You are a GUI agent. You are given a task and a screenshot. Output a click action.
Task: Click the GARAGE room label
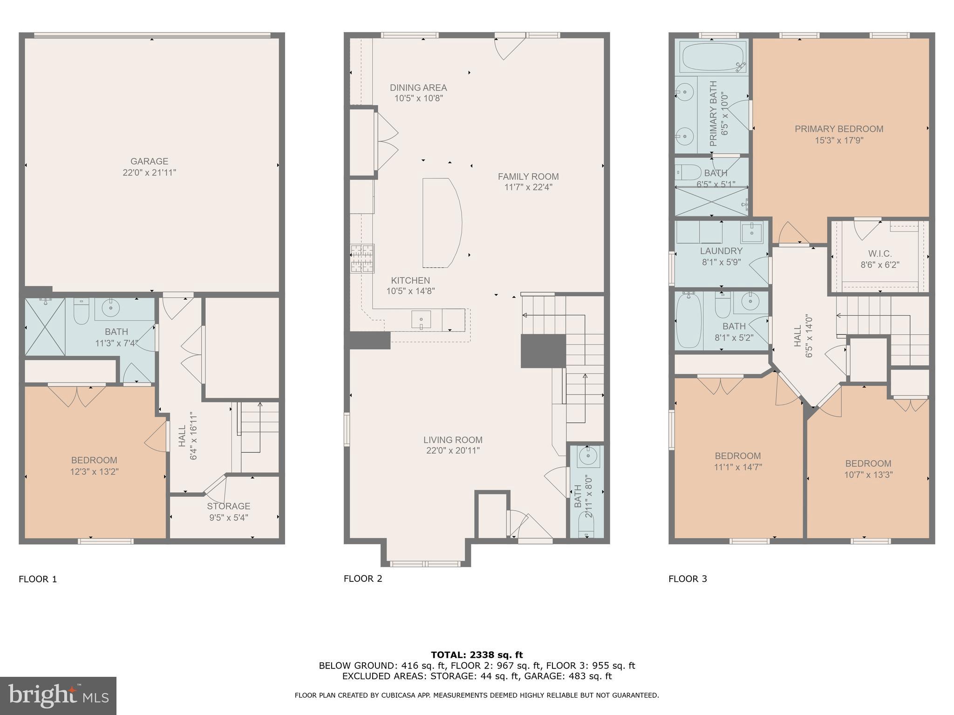[149, 162]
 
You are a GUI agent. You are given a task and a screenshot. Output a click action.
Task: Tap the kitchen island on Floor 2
[441, 223]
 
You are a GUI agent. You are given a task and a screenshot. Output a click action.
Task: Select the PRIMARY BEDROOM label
[839, 129]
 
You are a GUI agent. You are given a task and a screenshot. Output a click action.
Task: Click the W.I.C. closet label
[879, 254]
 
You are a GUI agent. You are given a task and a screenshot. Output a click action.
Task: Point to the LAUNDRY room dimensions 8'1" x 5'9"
[721, 262]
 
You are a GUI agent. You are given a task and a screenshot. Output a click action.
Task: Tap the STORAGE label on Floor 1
[228, 506]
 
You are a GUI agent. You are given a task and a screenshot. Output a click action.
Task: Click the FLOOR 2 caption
[363, 579]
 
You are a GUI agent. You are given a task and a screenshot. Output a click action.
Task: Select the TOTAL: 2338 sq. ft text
[477, 655]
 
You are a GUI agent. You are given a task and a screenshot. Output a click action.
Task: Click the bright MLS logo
[58, 696]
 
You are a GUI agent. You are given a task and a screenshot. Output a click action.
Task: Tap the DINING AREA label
[418, 88]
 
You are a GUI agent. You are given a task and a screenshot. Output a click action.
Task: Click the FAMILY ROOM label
[528, 176]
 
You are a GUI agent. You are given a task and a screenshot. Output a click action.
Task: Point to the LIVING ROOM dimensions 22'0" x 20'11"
[453, 451]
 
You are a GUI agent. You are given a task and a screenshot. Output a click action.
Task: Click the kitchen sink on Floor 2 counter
[421, 320]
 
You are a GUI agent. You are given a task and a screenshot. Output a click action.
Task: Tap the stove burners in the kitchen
[362, 258]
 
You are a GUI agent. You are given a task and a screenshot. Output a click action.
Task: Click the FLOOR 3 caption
[688, 579]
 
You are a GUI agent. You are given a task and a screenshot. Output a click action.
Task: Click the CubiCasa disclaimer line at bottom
[477, 695]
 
